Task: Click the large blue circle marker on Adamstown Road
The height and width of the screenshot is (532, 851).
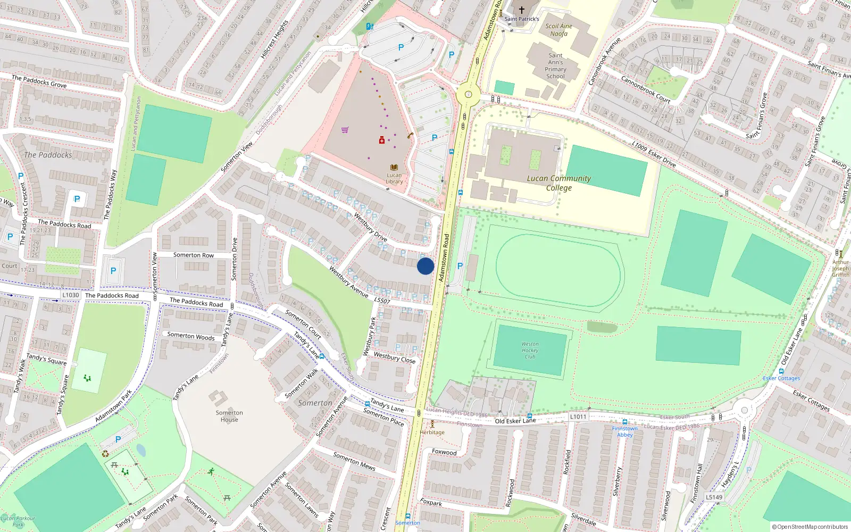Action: [x=425, y=266]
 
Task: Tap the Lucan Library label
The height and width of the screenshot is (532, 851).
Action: [x=394, y=178]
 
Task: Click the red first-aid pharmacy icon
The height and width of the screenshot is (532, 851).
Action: [x=382, y=140]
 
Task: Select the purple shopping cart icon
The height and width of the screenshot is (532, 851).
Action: [x=345, y=129]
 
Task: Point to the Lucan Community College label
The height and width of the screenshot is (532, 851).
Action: [x=558, y=183]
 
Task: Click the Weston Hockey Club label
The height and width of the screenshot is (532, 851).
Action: [x=530, y=350]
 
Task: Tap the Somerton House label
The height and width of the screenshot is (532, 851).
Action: [x=229, y=416]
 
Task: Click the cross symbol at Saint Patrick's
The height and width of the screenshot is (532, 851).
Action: [x=522, y=10]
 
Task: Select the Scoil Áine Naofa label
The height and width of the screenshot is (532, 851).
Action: [x=558, y=30]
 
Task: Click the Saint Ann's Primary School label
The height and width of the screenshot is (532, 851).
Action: [x=555, y=66]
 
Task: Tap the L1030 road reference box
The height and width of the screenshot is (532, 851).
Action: [x=70, y=295]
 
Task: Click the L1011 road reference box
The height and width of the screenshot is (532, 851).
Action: [x=578, y=417]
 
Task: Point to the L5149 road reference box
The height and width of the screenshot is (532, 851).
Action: [x=714, y=497]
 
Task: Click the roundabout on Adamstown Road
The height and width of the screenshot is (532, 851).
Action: [x=469, y=95]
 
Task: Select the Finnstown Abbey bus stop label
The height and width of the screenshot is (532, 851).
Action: [x=625, y=431]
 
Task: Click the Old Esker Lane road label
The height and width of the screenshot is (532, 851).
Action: [x=515, y=421]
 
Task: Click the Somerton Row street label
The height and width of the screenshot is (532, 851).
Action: [x=194, y=255]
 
